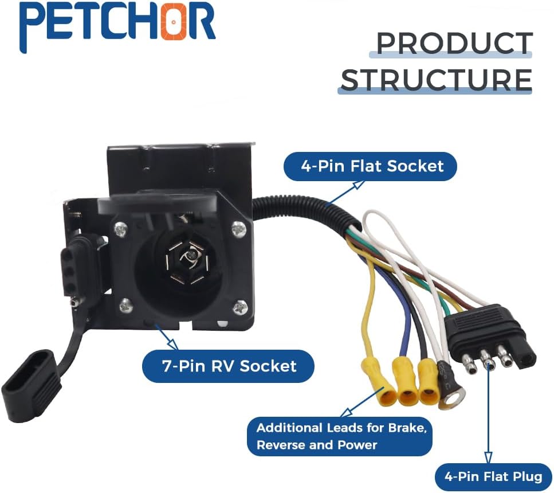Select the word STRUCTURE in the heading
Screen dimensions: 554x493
(x=436, y=80)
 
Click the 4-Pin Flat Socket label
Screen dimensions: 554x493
(x=371, y=166)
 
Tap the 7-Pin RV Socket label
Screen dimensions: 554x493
(x=229, y=366)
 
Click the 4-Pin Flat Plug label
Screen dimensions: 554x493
(x=493, y=476)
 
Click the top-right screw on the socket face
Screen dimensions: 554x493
(x=238, y=230)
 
